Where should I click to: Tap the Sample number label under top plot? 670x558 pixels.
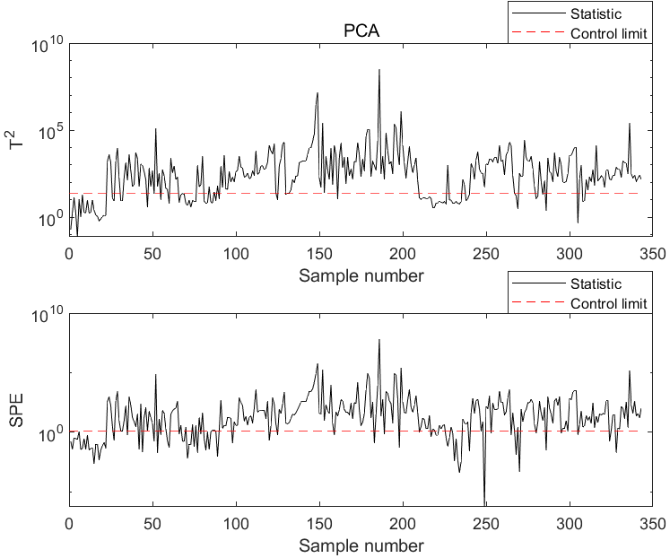(x=361, y=275)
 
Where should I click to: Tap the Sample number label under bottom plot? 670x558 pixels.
(x=361, y=545)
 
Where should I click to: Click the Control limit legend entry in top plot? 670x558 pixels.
(x=608, y=33)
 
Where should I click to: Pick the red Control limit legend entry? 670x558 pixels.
(x=608, y=304)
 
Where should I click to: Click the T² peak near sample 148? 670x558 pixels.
(x=318, y=92)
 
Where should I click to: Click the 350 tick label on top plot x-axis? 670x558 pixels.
(x=652, y=255)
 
